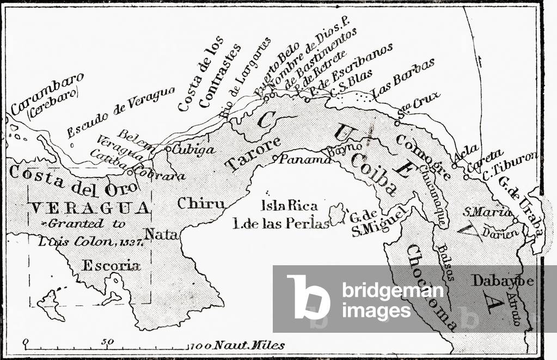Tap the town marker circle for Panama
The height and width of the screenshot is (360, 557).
pos(276,158)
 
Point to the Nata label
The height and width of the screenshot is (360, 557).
pos(161,235)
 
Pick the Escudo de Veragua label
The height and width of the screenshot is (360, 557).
pos(120,112)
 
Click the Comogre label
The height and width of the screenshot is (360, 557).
pos(423,157)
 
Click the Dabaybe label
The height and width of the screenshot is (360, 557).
pos(503,280)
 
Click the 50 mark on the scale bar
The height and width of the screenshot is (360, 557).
pos(107,343)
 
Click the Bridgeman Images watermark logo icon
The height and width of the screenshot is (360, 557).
pos(308,296)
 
